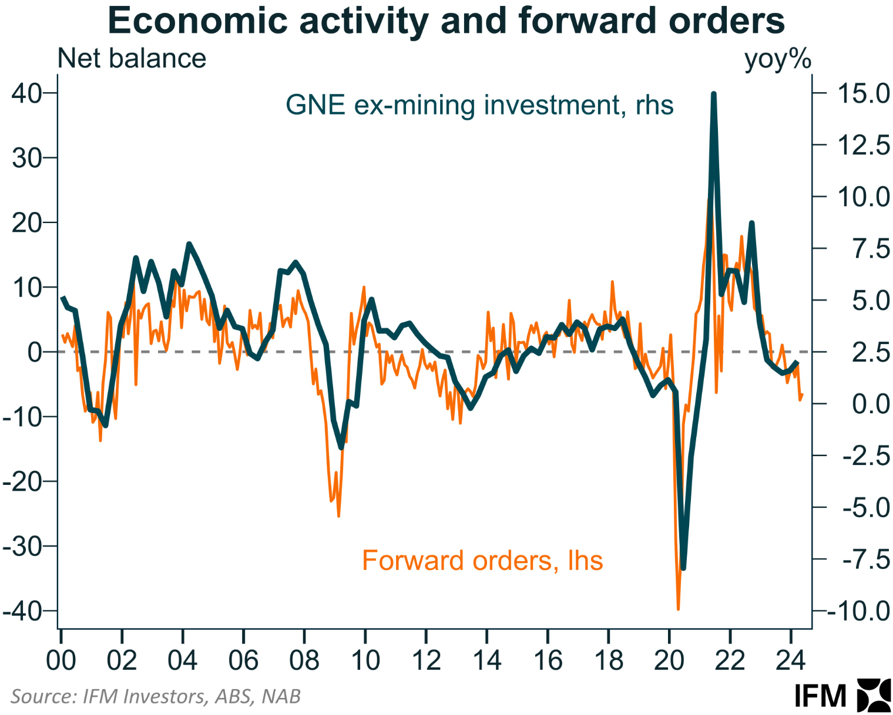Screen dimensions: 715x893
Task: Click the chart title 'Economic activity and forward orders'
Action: (446, 21)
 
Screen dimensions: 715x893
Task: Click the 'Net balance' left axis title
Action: (132, 59)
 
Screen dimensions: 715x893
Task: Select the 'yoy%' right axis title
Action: (777, 59)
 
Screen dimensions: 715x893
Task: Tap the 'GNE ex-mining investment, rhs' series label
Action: (479, 105)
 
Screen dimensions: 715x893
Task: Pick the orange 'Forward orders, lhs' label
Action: (482, 560)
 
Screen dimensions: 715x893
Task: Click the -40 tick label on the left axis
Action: (23, 611)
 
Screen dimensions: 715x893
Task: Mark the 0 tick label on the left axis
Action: (35, 352)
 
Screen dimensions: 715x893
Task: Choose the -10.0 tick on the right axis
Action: (858, 612)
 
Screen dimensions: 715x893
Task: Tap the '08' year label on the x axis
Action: (304, 660)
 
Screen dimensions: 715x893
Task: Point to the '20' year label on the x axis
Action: (669, 660)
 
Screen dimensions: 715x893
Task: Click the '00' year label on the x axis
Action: (61, 660)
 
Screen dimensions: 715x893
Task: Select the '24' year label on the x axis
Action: (790, 660)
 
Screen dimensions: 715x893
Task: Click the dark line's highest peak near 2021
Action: (714, 94)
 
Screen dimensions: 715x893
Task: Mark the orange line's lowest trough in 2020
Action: (678, 609)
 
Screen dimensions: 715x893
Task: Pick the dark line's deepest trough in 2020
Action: (683, 568)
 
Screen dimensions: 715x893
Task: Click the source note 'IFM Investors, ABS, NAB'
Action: (156, 696)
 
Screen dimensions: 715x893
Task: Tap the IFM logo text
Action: (820, 696)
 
